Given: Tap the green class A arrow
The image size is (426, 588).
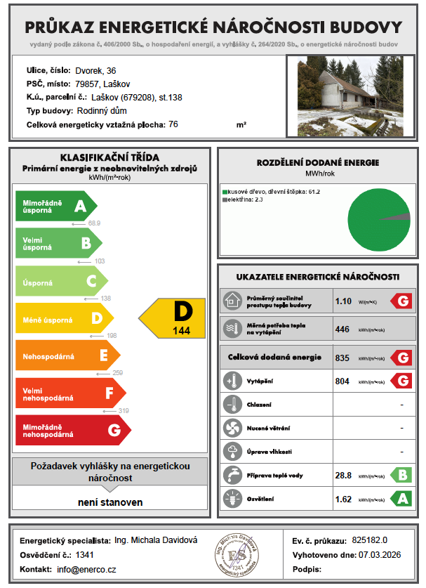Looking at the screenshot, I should click(56, 206).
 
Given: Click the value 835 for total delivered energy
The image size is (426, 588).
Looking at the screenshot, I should click(342, 358).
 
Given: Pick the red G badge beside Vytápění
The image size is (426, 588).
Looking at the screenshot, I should click(401, 381).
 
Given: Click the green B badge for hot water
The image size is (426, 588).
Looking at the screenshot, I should click(401, 476).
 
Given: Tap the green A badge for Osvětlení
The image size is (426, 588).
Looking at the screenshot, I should click(401, 499).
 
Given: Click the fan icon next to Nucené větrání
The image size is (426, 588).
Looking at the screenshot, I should click(231, 428).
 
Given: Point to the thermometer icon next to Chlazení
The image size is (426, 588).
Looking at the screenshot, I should click(231, 405).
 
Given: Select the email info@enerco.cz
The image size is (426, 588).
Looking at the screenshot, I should click(86, 568).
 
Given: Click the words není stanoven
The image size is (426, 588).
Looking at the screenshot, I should click(110, 502).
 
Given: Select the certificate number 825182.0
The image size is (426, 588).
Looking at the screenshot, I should click(370, 540).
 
